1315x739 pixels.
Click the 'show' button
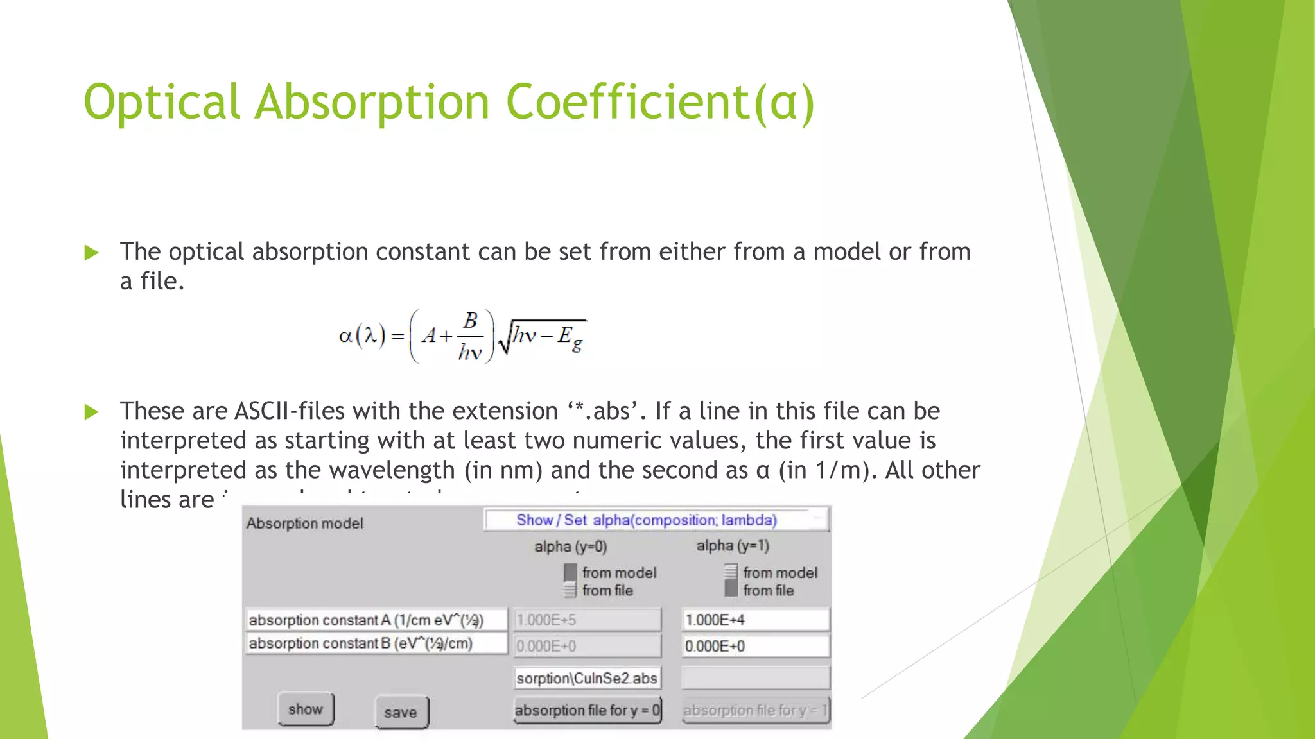tap(306, 709)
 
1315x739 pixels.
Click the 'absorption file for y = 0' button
tap(587, 710)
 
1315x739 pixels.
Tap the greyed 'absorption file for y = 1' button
tap(755, 710)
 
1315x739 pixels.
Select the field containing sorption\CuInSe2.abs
tap(587, 678)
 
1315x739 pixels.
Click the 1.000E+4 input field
tap(755, 620)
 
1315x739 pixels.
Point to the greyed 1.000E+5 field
tap(587, 620)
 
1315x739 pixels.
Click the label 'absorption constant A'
tap(375, 620)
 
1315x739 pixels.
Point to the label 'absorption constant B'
tap(375, 643)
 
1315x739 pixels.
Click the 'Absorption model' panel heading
tap(304, 523)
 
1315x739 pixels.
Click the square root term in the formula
tap(543, 336)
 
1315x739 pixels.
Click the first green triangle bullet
tap(92, 253)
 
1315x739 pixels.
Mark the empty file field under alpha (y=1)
tap(755, 678)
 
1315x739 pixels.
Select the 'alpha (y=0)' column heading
tap(570, 547)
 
